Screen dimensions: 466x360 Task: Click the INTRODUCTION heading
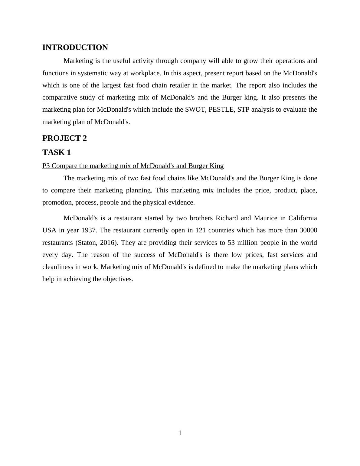(x=75, y=48)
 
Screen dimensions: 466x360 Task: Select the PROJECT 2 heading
(x=64, y=138)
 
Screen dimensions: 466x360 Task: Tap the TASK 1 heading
(x=57, y=152)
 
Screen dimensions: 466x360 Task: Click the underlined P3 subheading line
(x=133, y=166)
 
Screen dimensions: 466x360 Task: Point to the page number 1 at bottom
(x=180, y=433)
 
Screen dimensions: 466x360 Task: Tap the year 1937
(x=89, y=230)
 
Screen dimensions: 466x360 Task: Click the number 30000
(x=308, y=230)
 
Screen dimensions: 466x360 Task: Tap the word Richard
(x=227, y=218)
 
